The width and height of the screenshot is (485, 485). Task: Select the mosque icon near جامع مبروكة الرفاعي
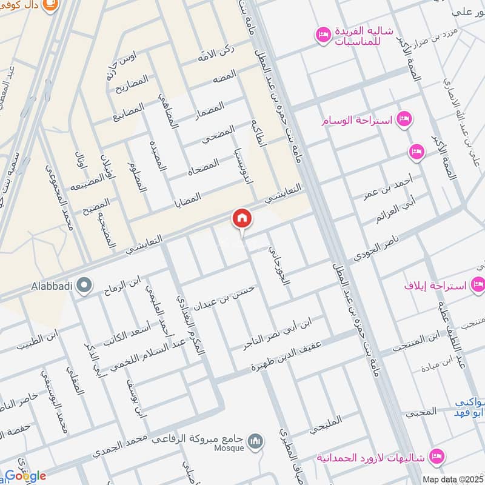tap(256, 439)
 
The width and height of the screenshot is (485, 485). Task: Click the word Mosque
tap(229, 449)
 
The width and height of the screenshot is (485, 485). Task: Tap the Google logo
tap(25, 476)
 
